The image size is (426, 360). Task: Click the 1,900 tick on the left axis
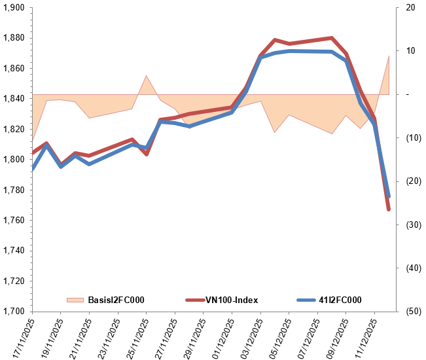[x=14, y=8]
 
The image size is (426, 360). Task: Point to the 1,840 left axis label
[x=14, y=99]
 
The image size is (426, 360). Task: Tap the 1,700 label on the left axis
[x=14, y=311]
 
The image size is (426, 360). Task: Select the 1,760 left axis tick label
[x=14, y=220]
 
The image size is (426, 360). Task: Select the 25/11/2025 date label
[x=136, y=337]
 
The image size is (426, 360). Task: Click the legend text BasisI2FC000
[x=116, y=300]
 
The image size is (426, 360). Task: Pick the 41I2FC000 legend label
[x=340, y=300]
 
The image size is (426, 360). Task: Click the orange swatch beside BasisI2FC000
[x=75, y=300]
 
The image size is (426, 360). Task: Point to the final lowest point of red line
[x=389, y=209]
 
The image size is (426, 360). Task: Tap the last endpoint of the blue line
[x=389, y=196]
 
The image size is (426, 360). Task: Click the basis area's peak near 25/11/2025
[x=147, y=76]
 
